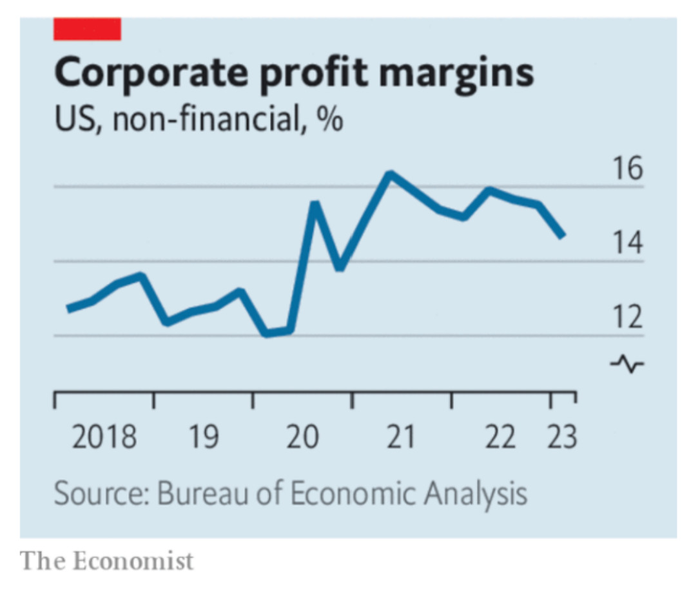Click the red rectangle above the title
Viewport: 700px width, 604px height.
[87, 29]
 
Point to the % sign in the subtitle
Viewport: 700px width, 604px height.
[329, 120]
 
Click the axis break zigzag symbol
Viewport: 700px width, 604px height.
[627, 364]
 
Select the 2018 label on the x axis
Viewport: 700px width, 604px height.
[104, 437]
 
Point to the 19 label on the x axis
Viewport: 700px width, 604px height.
[204, 437]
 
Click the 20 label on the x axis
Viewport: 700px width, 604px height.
[303, 437]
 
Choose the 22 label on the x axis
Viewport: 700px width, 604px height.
[501, 437]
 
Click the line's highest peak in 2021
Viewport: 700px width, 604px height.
[389, 174]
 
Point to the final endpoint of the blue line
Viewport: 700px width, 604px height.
[562, 235]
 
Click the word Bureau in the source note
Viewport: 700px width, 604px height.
[195, 494]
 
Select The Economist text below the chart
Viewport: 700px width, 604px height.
[106, 561]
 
